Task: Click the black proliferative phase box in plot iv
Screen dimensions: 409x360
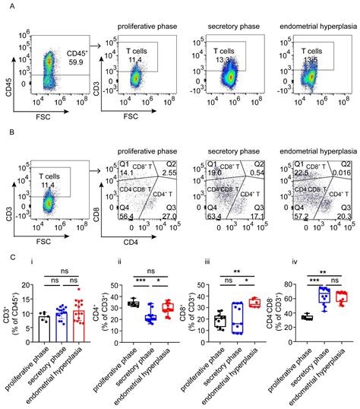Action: (x=308, y=317)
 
